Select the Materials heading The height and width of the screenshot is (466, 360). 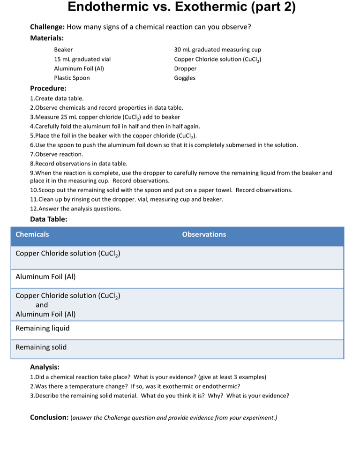(47, 38)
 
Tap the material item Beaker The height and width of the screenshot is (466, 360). (63, 50)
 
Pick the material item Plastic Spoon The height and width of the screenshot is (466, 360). (72, 78)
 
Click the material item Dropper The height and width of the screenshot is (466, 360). (185, 68)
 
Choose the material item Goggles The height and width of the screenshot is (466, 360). (185, 78)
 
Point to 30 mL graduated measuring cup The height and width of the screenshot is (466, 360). (217, 50)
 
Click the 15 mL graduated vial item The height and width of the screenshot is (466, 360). (82, 59)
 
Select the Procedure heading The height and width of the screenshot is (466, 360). (48, 88)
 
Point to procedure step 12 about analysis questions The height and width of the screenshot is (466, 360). (75, 209)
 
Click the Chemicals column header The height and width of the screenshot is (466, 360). (32, 234)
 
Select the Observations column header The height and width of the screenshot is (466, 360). (204, 234)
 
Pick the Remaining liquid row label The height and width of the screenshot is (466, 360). (42, 328)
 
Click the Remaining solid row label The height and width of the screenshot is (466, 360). (41, 347)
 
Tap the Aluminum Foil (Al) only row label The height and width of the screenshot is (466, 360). (45, 277)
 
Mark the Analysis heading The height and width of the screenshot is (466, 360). (45, 367)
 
